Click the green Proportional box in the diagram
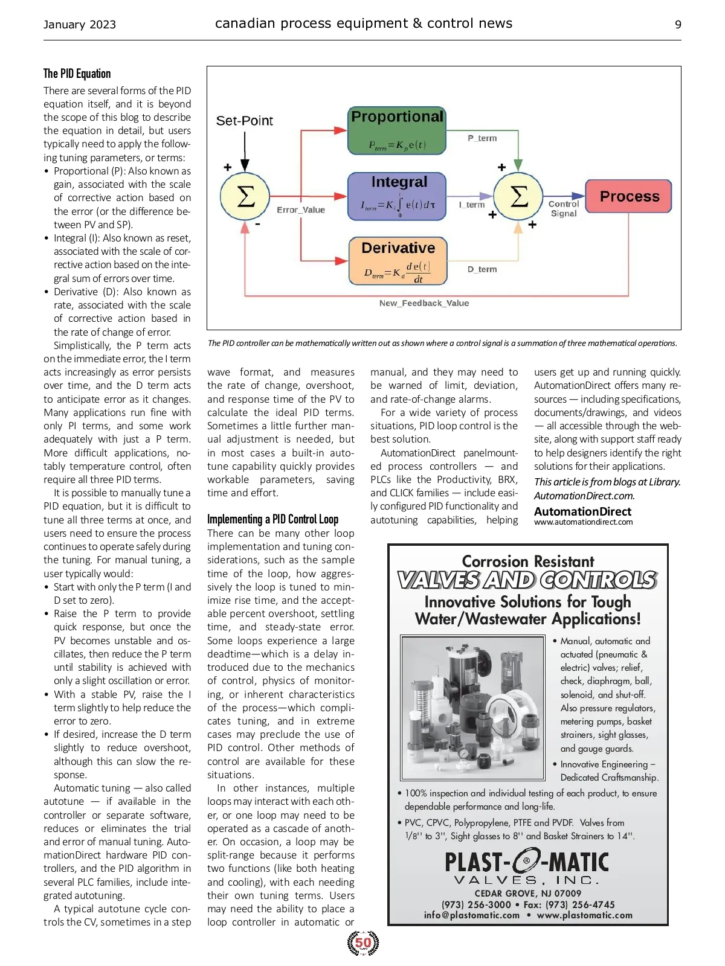click(397, 130)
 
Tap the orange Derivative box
click(398, 260)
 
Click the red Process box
click(629, 196)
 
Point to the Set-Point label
click(245, 121)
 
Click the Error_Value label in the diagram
click(301, 210)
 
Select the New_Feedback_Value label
click(424, 303)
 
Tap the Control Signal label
click(563, 208)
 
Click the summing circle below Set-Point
click(245, 196)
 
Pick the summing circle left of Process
click(518, 196)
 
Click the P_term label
click(482, 138)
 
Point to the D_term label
click(482, 269)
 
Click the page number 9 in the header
click(678, 25)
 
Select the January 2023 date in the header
click(80, 25)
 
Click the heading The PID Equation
click(77, 74)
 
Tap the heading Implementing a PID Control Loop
click(272, 519)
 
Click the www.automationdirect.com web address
click(583, 522)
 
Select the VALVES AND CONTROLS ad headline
click(527, 580)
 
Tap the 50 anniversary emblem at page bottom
click(363, 943)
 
